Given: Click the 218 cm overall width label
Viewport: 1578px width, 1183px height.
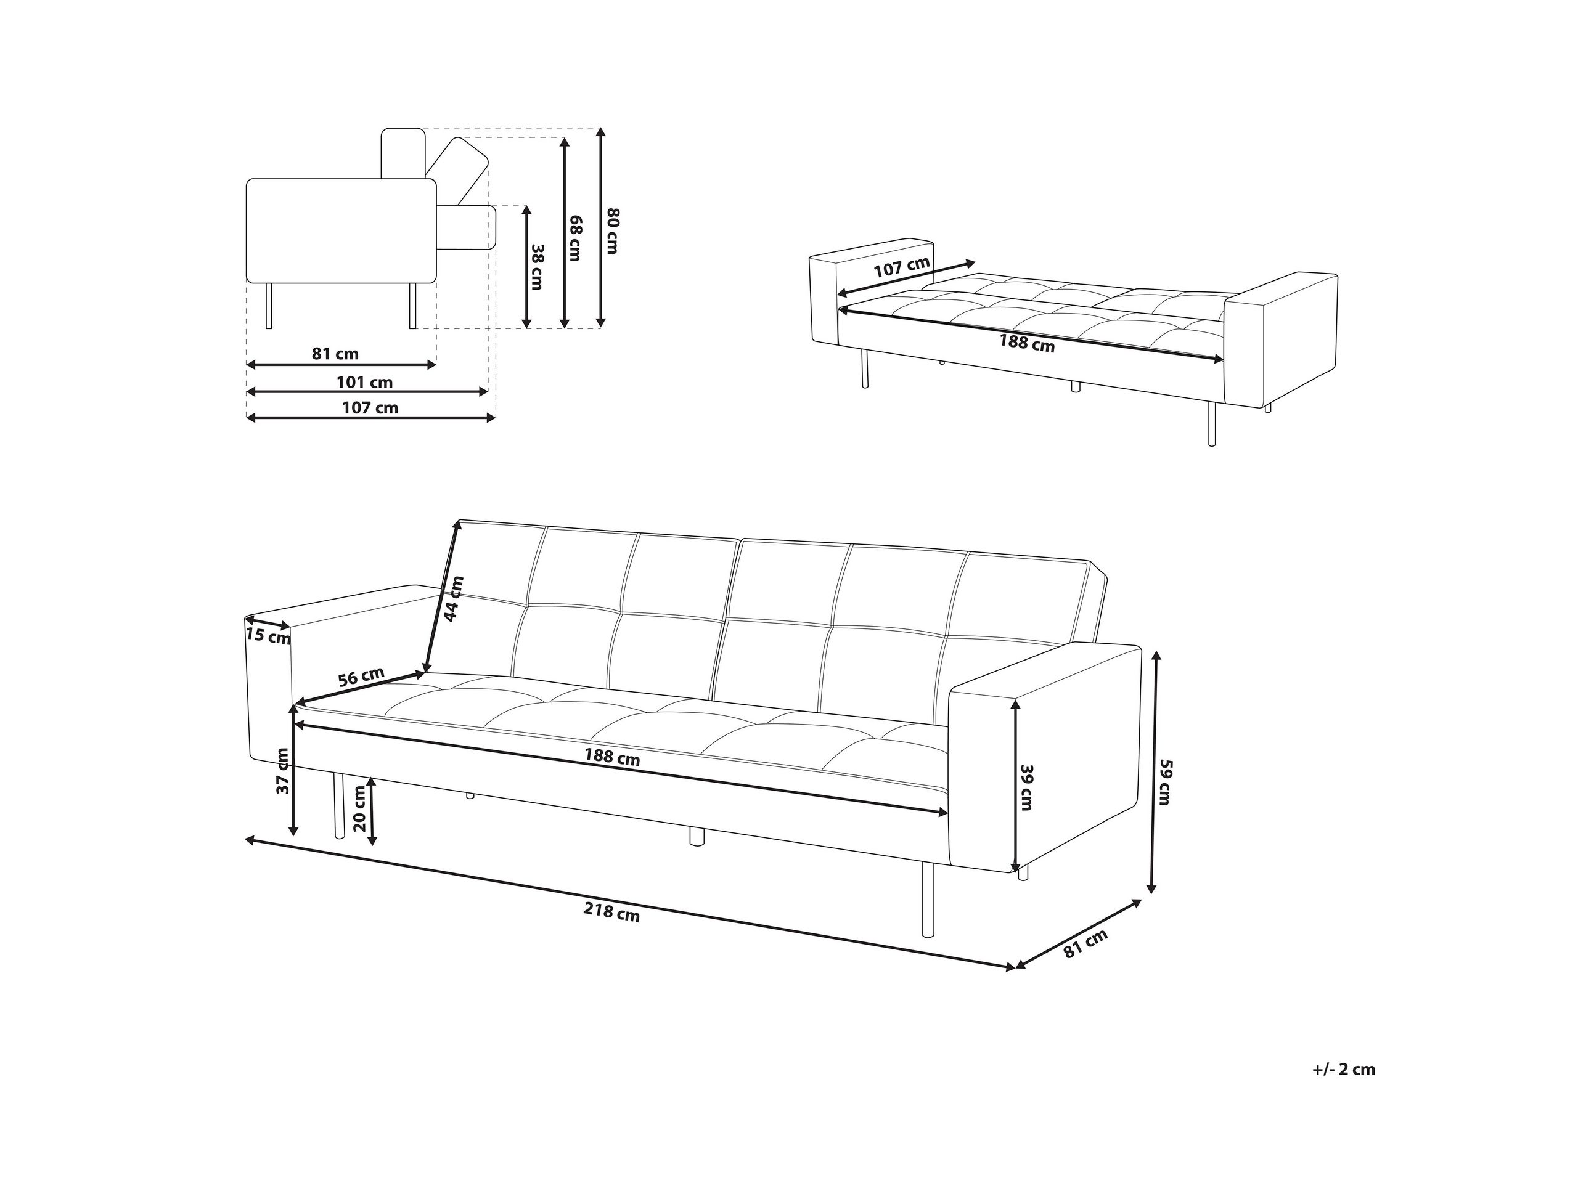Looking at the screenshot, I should tap(611, 912).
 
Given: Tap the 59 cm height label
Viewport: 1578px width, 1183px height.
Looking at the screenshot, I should tap(1165, 783).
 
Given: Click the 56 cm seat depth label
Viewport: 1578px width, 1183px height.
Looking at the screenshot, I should tap(361, 676).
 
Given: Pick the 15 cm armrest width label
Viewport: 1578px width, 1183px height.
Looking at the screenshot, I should tap(268, 635).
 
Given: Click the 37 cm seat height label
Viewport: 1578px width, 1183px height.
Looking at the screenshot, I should tap(283, 770).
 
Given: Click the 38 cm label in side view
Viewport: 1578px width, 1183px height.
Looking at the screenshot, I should tap(537, 267).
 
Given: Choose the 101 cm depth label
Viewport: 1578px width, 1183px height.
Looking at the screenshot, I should tap(364, 382).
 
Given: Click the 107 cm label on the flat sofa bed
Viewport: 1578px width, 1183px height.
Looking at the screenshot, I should tap(902, 267).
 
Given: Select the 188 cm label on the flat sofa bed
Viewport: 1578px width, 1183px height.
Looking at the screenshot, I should tap(1026, 343).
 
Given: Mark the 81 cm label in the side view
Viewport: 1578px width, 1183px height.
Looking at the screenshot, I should tap(335, 354).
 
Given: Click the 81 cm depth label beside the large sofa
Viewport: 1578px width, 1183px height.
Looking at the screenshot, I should tap(1085, 943).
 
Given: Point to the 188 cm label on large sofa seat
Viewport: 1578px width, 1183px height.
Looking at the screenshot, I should tap(612, 757).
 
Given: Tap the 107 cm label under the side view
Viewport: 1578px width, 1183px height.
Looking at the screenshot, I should tap(370, 408).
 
